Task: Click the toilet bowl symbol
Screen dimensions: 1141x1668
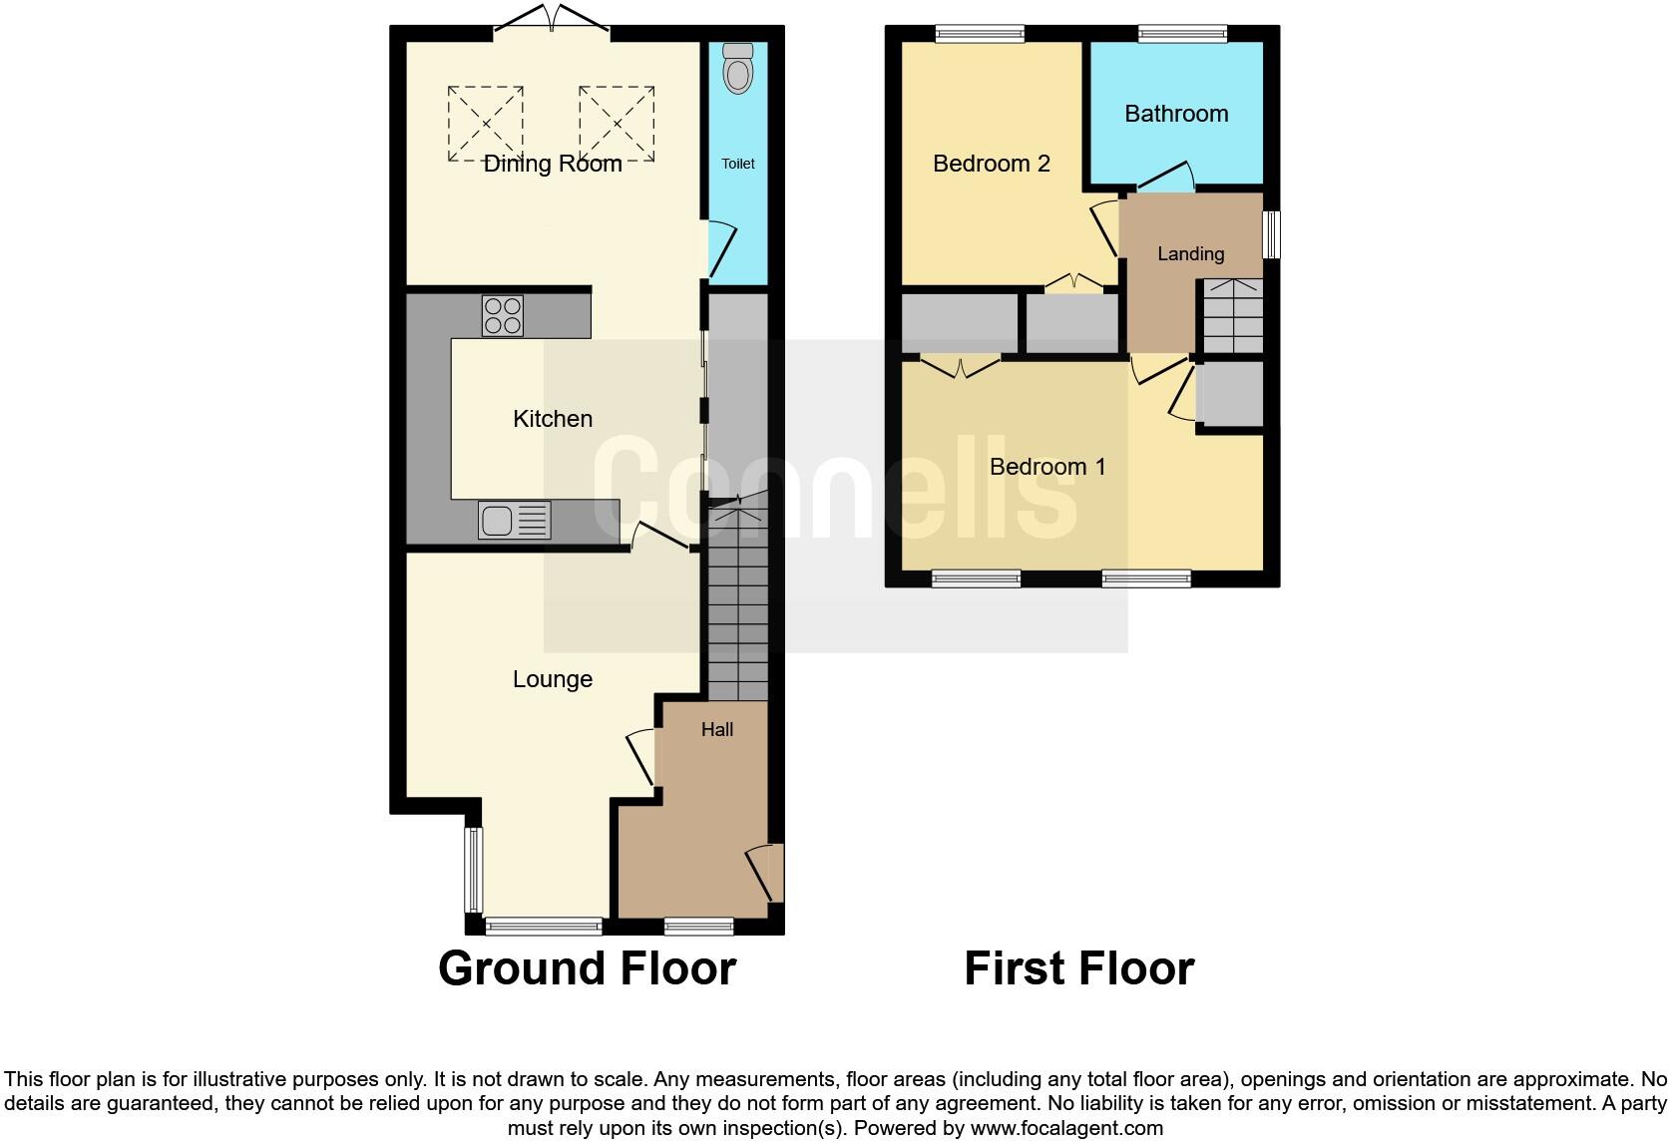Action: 738,70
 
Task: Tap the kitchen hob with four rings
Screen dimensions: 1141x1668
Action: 503,315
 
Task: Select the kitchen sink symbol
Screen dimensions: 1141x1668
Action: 514,520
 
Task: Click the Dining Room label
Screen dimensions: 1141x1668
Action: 553,164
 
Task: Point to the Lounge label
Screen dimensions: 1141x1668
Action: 553,679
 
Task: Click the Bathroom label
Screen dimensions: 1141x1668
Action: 1176,114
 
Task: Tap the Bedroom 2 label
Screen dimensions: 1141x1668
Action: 992,164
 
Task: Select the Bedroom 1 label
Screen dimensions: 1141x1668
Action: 1047,467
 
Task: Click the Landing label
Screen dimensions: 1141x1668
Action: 1190,254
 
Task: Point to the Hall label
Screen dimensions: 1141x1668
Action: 716,730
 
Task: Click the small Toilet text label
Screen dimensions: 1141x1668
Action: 738,164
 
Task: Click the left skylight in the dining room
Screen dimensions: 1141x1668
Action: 486,124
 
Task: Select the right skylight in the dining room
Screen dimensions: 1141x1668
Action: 617,124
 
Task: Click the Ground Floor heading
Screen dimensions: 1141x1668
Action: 587,968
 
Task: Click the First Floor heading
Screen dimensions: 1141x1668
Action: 1078,968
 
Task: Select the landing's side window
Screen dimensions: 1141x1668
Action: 1272,234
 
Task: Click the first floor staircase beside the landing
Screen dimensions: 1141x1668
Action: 1230,316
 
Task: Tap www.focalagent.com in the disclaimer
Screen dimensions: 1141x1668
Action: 1066,1129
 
